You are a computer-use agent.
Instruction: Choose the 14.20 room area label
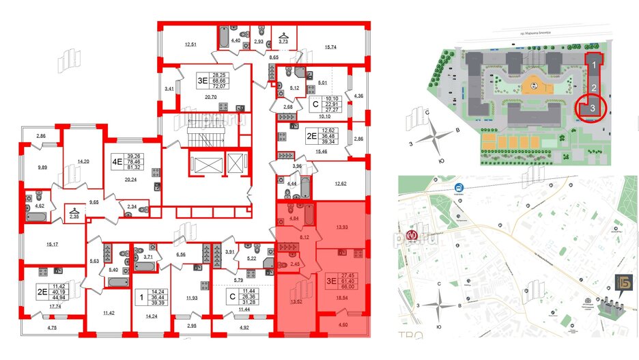[84, 162]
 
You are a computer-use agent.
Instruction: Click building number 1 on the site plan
[595, 66]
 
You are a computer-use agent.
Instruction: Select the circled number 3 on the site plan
[594, 108]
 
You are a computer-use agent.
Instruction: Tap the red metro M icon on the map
[411, 235]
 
